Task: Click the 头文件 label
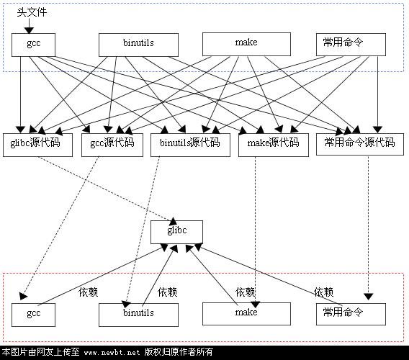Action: [32, 12]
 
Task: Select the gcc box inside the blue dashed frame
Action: [33, 45]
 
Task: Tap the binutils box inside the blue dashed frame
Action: [138, 45]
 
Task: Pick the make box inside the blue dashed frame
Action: [246, 44]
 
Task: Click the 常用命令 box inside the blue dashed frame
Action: [351, 45]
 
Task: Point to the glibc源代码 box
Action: [37, 145]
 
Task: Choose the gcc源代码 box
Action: [112, 145]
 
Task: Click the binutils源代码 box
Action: [190, 145]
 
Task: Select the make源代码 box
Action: [274, 145]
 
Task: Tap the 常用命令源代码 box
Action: [360, 144]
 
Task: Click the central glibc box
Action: [176, 232]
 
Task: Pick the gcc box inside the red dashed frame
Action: [33, 315]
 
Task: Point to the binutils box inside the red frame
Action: [138, 315]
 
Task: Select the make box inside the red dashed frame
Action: [246, 314]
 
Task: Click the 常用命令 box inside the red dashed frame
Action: [351, 314]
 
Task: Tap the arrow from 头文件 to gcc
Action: [29, 26]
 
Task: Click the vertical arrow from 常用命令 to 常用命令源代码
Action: [377, 94]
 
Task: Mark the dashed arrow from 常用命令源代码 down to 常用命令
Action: [368, 228]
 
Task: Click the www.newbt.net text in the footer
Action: [112, 353]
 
